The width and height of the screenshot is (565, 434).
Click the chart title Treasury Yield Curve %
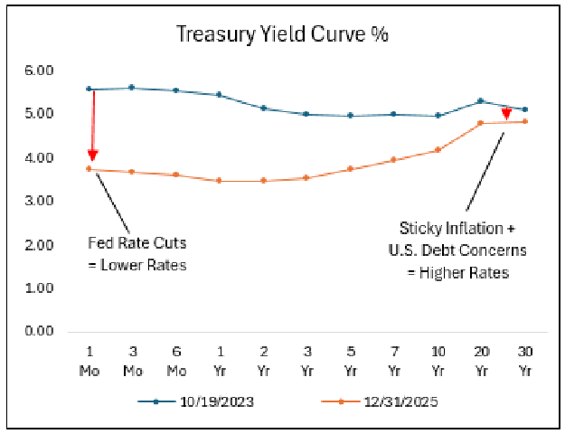[282, 34]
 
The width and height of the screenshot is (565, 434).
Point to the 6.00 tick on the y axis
[41, 71]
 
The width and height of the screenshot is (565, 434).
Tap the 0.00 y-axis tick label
[41, 331]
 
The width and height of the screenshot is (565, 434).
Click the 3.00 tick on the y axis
[41, 201]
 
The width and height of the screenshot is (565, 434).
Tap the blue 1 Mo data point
[88, 89]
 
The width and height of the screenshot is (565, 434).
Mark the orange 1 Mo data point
[88, 169]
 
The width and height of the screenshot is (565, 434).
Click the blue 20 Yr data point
[481, 100]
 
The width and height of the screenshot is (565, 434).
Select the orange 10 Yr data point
[438, 150]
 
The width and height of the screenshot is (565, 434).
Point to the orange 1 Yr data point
[219, 181]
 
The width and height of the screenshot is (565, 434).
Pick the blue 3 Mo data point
[132, 88]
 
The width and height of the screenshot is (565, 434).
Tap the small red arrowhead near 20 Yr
[506, 115]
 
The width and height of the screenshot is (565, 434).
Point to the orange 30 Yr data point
[525, 121]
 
